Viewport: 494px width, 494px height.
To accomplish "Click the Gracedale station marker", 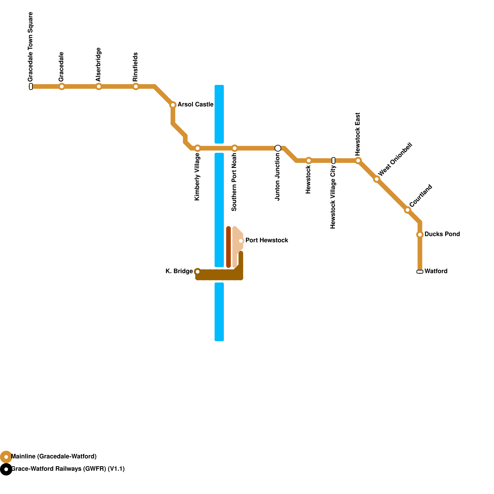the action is [62, 86].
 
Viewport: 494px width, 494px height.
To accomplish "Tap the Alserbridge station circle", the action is [99, 86].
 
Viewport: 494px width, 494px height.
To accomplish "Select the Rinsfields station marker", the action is [136, 86].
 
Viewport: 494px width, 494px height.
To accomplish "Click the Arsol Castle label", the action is [195, 105].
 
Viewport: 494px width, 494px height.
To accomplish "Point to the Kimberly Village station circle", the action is [198, 148].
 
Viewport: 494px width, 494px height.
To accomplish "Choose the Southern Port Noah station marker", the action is [235, 148].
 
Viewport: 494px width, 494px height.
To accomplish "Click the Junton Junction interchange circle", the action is [278, 148].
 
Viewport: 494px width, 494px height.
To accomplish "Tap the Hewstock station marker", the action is [309, 161].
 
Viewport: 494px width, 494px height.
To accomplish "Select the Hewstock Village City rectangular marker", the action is [333, 161].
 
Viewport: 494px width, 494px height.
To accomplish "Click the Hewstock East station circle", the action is [358, 161].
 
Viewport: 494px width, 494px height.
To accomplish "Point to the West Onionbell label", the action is [395, 159].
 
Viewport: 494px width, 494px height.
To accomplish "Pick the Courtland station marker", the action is [408, 210].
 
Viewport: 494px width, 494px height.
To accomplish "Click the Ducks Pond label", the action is [442, 234].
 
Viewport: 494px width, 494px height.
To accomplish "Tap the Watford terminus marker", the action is [420, 272].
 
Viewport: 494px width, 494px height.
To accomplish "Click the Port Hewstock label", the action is [267, 241].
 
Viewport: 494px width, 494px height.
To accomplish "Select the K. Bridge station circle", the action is [198, 272].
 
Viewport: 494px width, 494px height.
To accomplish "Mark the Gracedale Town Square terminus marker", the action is [31, 86].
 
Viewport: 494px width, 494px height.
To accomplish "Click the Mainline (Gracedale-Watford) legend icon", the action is [6, 457].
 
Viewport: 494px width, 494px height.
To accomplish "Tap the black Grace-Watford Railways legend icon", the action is [6, 469].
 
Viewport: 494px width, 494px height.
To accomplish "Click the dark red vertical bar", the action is [228, 247].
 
